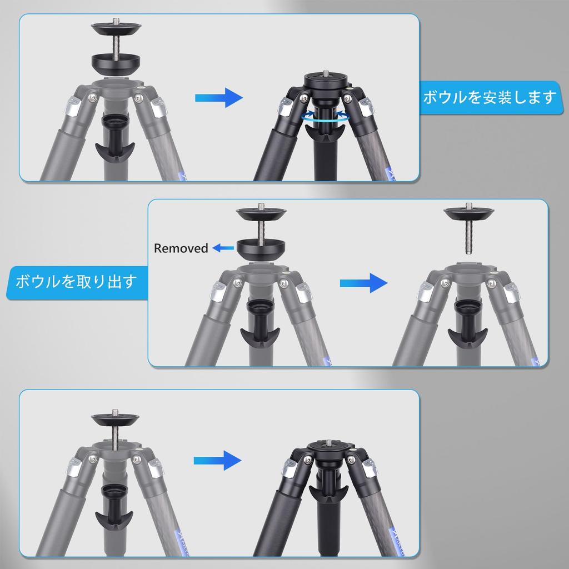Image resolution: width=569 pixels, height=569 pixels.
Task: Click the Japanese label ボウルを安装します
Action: tap(489, 98)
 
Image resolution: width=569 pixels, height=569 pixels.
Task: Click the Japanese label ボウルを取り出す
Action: tap(76, 281)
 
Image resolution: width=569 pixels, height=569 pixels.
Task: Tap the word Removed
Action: tap(181, 248)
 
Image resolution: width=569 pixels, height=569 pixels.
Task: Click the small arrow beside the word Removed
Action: tap(223, 248)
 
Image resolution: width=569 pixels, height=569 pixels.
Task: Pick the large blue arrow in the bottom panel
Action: tap(217, 460)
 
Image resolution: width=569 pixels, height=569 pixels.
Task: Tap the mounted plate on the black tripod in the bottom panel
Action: tap(325, 447)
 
